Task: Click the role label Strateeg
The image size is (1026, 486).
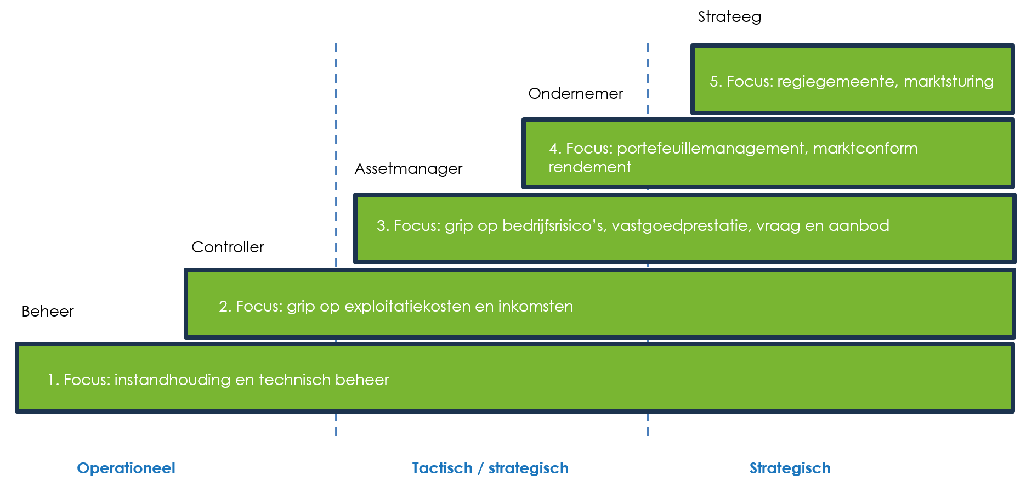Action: click(x=729, y=17)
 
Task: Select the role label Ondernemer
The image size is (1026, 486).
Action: click(x=575, y=94)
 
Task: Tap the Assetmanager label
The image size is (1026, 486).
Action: click(x=408, y=169)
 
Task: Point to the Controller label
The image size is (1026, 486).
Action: click(x=228, y=247)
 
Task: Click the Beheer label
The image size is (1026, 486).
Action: click(x=48, y=312)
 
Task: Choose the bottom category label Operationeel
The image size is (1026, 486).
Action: click(x=126, y=468)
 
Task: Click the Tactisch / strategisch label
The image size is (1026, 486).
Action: click(x=490, y=468)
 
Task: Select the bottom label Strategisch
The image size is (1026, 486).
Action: click(x=790, y=468)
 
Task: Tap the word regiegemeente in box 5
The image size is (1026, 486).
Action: click(x=837, y=82)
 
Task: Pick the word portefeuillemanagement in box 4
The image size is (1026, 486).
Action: click(x=712, y=149)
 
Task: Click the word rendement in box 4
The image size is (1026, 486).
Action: click(x=589, y=167)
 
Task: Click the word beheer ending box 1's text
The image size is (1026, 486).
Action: click(x=362, y=380)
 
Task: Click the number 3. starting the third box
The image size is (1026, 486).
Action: click(x=382, y=226)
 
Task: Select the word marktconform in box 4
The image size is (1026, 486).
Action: click(x=865, y=149)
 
